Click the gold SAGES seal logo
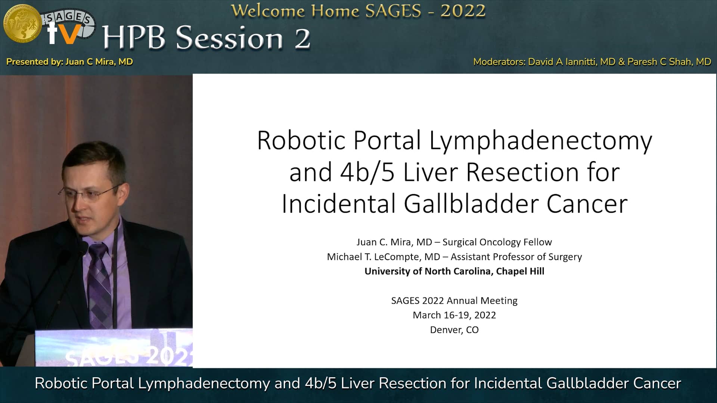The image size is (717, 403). coord(22,23)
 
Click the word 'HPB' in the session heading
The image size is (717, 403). coord(134,38)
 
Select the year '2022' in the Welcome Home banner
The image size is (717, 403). coord(463,11)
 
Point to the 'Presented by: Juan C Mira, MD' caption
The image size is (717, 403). coord(70,62)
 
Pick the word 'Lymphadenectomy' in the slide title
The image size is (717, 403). coord(540,141)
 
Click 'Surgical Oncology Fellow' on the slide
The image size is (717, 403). coord(497,242)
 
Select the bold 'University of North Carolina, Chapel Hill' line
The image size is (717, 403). coord(454,271)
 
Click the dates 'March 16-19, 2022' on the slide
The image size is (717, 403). coord(454,315)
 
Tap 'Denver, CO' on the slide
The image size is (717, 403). coord(454,329)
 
